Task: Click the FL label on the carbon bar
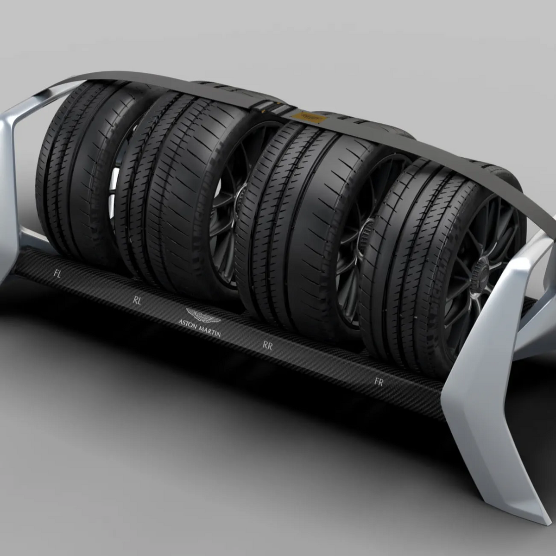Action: [x=57, y=274]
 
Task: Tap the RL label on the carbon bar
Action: [x=137, y=300]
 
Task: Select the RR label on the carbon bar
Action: [x=267, y=345]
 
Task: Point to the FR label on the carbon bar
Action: [x=379, y=382]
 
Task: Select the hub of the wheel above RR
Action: [x=367, y=230]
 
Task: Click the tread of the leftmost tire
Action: [x=69, y=171]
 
